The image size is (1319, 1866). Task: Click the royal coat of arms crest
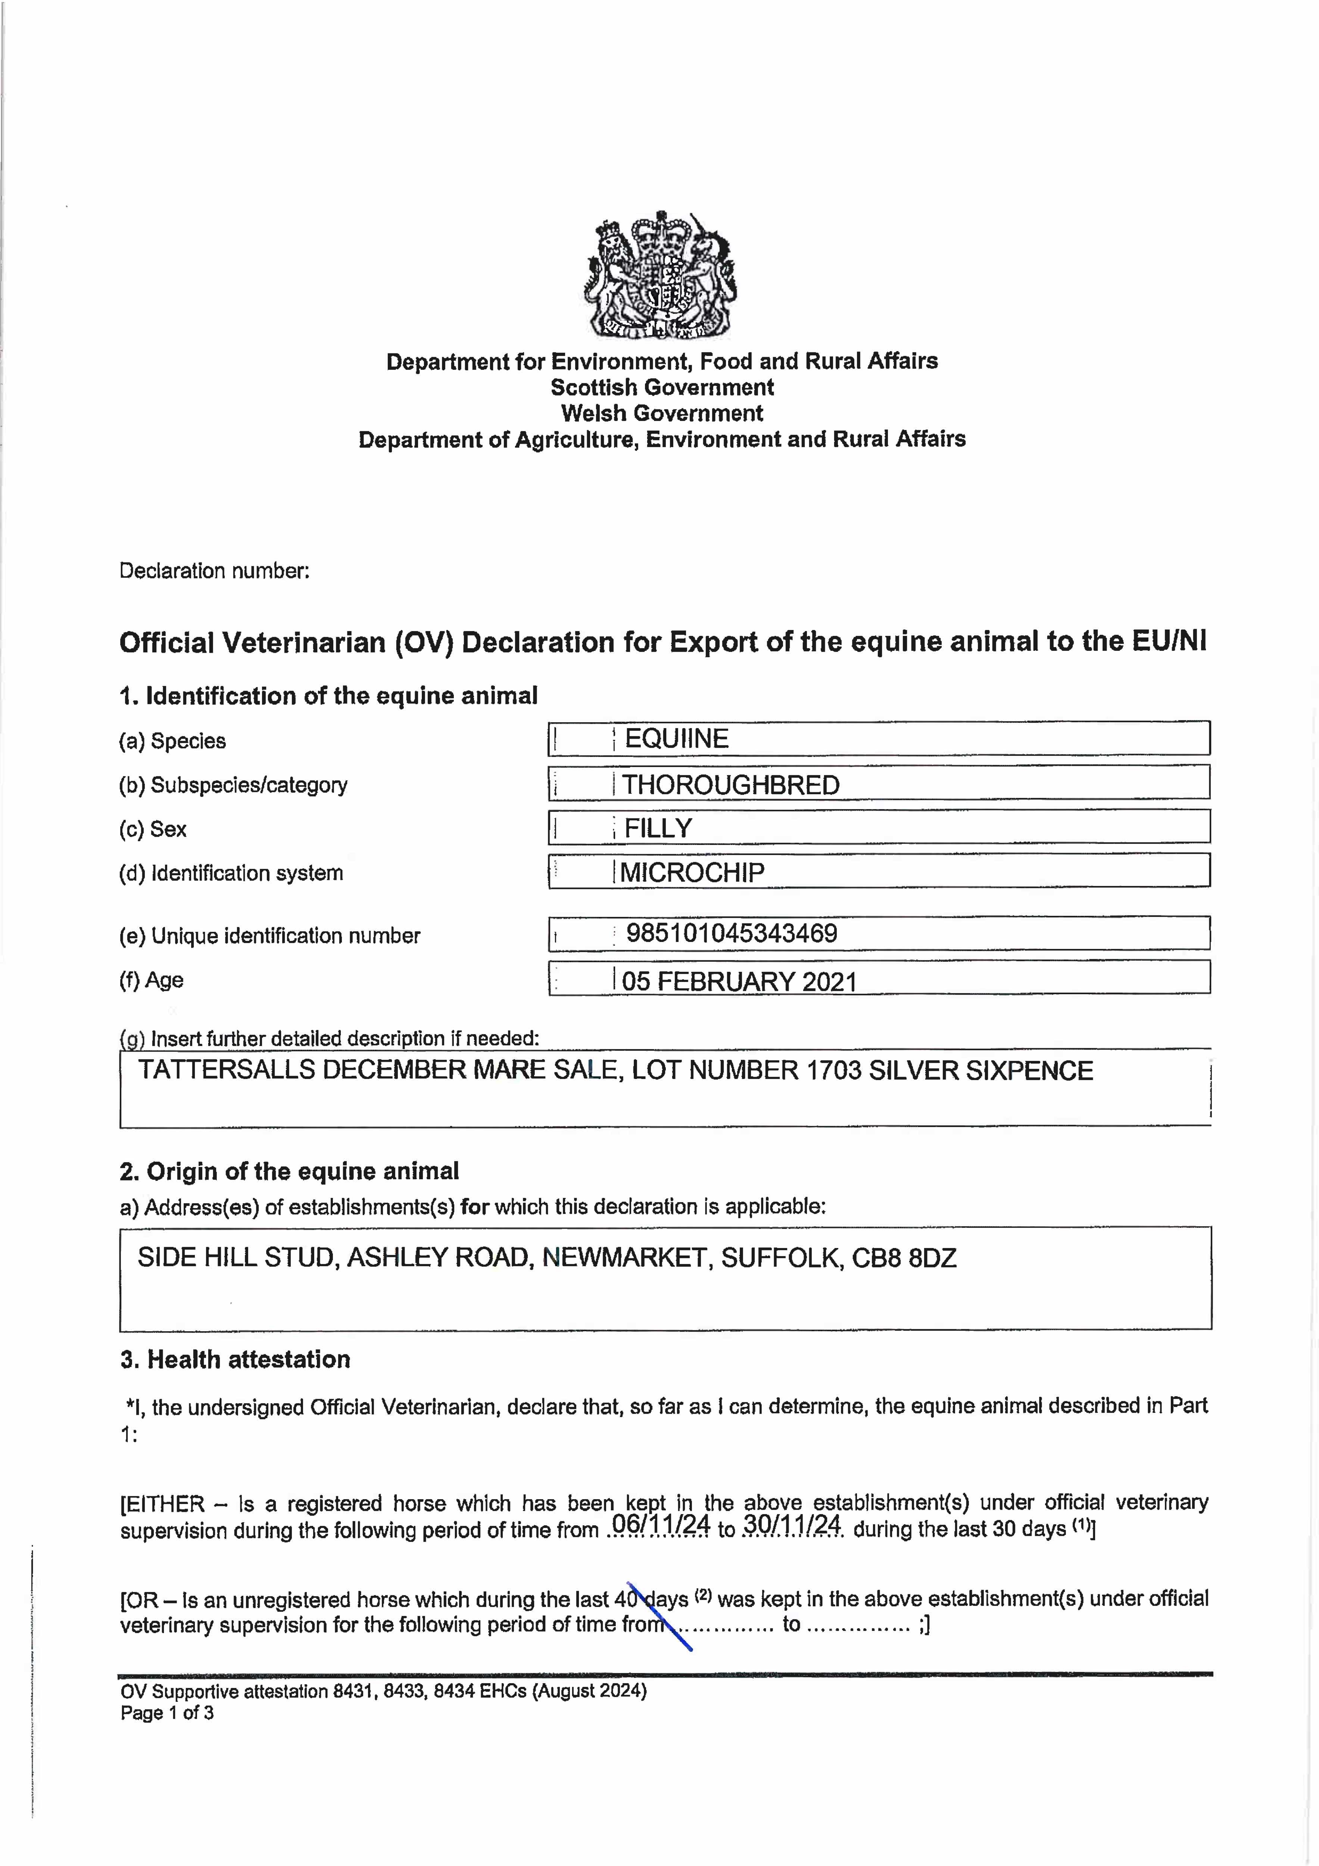661,275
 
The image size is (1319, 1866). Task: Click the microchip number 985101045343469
732,933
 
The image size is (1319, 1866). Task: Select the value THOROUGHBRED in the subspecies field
731,785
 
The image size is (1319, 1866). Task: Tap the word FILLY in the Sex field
658,828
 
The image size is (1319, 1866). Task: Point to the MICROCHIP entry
692,872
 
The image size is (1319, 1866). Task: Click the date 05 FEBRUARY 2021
739,982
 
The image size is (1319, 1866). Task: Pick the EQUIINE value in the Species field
676,739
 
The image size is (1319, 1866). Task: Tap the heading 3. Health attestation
236,1360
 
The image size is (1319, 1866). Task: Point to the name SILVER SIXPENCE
981,1070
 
